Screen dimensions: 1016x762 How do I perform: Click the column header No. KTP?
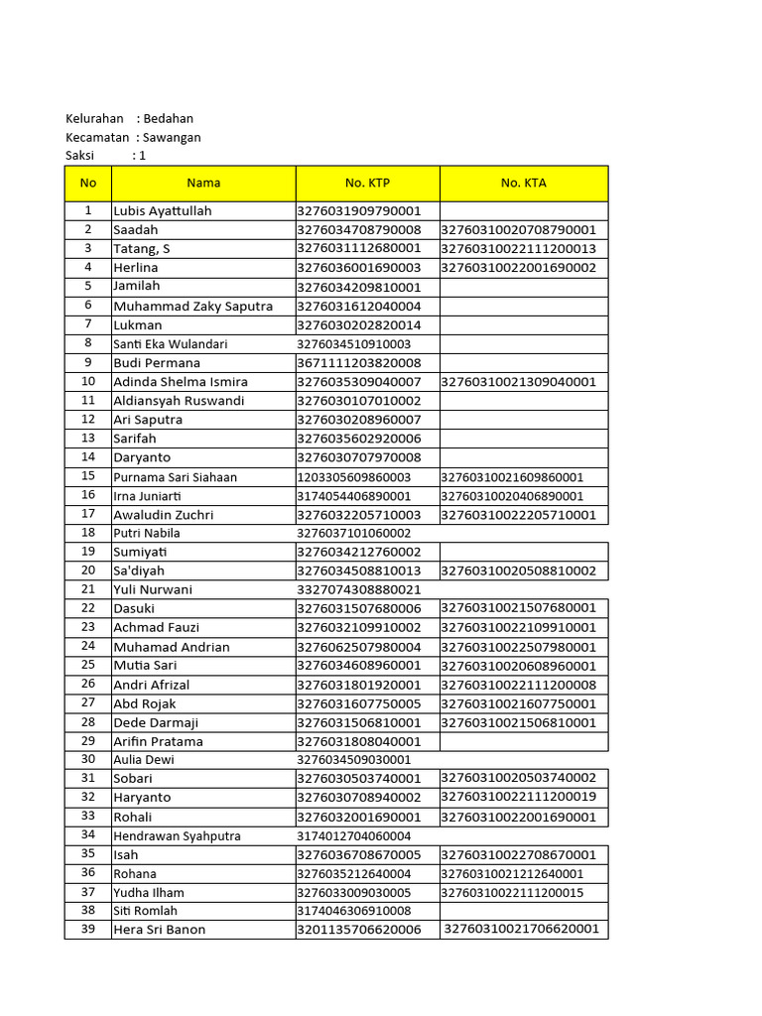click(x=367, y=183)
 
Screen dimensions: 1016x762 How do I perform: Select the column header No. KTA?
click(x=523, y=183)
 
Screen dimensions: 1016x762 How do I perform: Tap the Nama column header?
click(x=203, y=183)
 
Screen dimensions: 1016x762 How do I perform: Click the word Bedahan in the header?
click(x=168, y=119)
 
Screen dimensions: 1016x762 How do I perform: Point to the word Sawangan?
click(x=172, y=137)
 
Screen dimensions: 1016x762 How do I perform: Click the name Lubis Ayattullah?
click(x=162, y=211)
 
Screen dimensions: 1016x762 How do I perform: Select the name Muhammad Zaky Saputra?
click(x=192, y=307)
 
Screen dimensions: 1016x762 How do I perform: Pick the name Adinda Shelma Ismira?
click(x=180, y=382)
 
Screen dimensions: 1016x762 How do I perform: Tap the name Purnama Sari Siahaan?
click(x=175, y=477)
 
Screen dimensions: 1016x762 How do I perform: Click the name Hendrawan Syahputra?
click(x=177, y=836)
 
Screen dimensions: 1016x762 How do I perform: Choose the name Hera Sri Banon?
click(x=159, y=930)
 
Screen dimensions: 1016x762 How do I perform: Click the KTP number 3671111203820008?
click(x=358, y=363)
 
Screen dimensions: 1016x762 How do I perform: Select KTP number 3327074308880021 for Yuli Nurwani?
click(x=358, y=589)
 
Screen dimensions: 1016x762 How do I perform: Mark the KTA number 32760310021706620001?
click(x=522, y=929)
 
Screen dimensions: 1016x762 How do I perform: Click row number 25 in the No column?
click(x=88, y=665)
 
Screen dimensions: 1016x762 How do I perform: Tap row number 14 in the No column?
click(x=88, y=457)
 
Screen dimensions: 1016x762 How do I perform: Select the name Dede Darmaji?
click(x=156, y=723)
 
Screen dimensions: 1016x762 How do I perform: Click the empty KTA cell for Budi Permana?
click(x=523, y=363)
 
